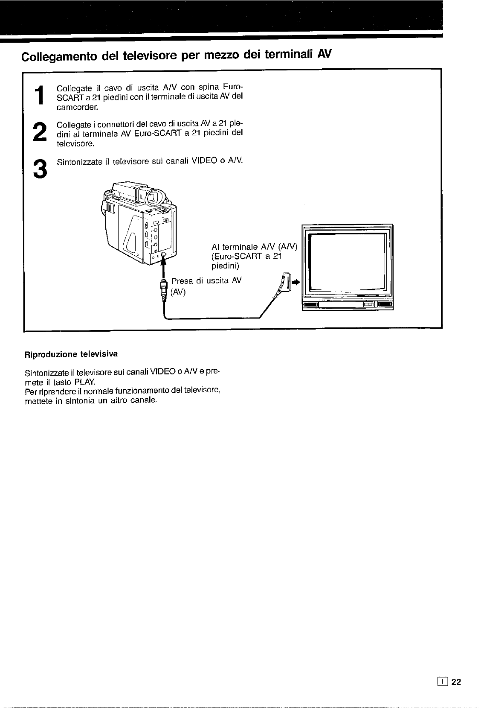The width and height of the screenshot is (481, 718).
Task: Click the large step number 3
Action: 40,169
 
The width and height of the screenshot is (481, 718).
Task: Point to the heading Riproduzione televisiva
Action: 71,354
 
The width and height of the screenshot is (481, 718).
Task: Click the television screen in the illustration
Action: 348,260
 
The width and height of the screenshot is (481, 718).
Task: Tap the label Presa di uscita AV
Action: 206,281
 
